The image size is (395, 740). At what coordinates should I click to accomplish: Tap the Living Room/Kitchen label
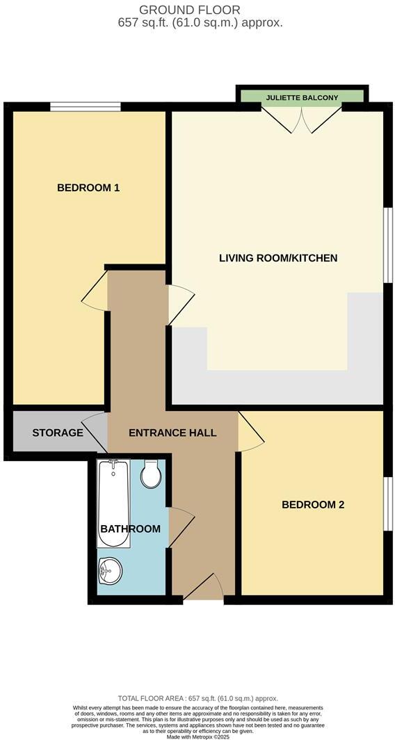coord(278,258)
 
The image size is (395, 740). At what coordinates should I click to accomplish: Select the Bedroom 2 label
coord(313,505)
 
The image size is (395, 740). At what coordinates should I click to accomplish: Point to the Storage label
coord(58,433)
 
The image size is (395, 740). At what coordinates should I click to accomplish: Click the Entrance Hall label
coord(172,433)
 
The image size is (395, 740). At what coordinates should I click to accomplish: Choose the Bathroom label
coord(131,529)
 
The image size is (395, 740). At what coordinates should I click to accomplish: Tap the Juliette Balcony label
coord(301,98)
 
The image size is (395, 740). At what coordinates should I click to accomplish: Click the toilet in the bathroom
coord(151,475)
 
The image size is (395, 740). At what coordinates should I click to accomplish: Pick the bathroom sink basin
coord(110,571)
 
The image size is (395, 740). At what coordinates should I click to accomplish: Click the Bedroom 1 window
coord(86,106)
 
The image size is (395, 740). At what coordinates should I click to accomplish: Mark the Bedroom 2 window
coord(387,504)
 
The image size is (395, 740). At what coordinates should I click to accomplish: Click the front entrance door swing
coord(204,588)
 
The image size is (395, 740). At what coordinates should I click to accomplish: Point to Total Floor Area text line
coord(197,698)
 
